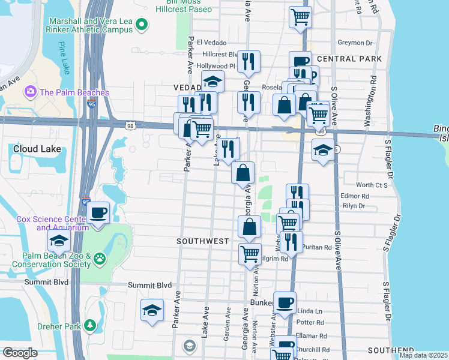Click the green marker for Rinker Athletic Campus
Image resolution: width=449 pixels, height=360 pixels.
pyautogui.click(x=142, y=25)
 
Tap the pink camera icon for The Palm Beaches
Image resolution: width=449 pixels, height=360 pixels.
pyautogui.click(x=29, y=92)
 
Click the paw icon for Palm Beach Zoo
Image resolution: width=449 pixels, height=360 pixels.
pyautogui.click(x=100, y=259)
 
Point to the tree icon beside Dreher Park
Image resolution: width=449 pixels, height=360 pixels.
pyautogui.click(x=90, y=325)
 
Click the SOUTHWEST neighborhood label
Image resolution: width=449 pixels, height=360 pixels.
pyautogui.click(x=202, y=241)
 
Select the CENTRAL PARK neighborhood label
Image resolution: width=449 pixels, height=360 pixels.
pyautogui.click(x=349, y=59)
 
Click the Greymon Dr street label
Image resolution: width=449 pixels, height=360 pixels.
pyautogui.click(x=355, y=43)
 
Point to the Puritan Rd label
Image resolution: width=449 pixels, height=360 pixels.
pyautogui.click(x=319, y=247)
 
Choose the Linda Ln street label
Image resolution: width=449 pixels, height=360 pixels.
pyautogui.click(x=310, y=311)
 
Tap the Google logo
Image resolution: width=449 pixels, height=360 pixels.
pyautogui.click(x=20, y=353)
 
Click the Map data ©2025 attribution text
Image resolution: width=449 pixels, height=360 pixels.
pyautogui.click(x=423, y=355)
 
